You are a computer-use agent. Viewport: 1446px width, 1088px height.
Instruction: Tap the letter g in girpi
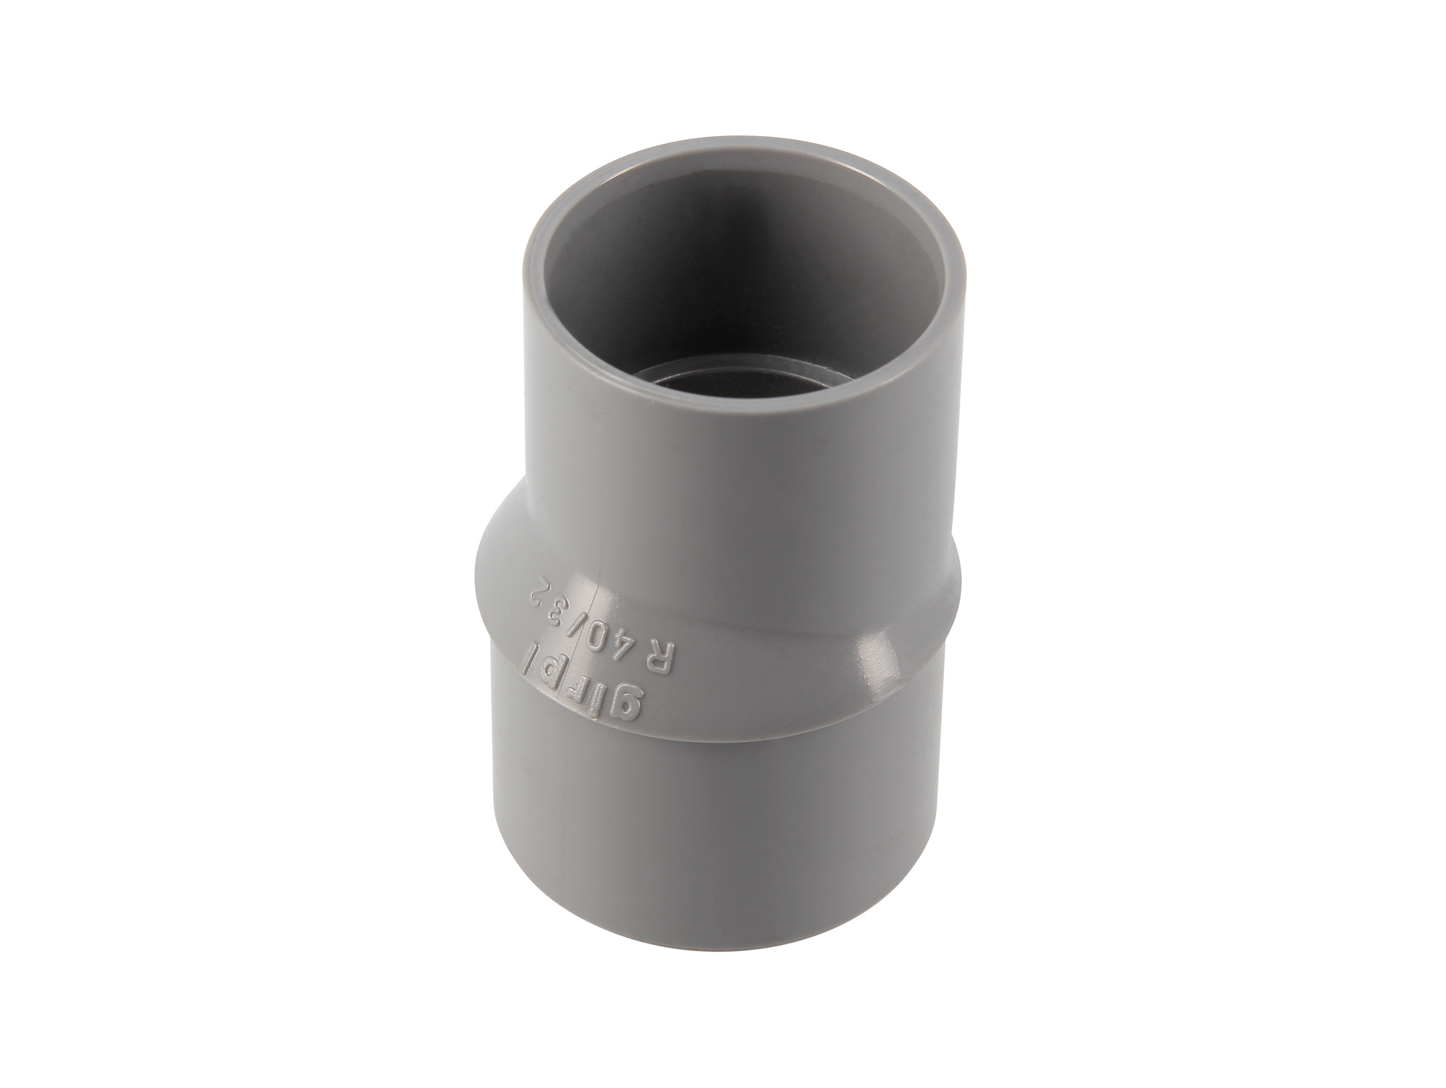pyautogui.click(x=626, y=700)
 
